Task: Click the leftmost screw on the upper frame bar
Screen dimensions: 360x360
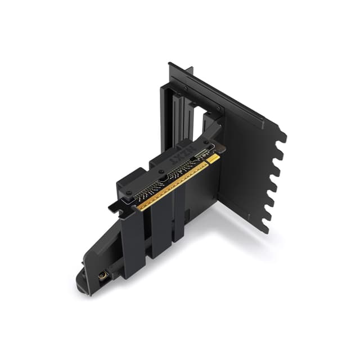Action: [185, 88]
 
